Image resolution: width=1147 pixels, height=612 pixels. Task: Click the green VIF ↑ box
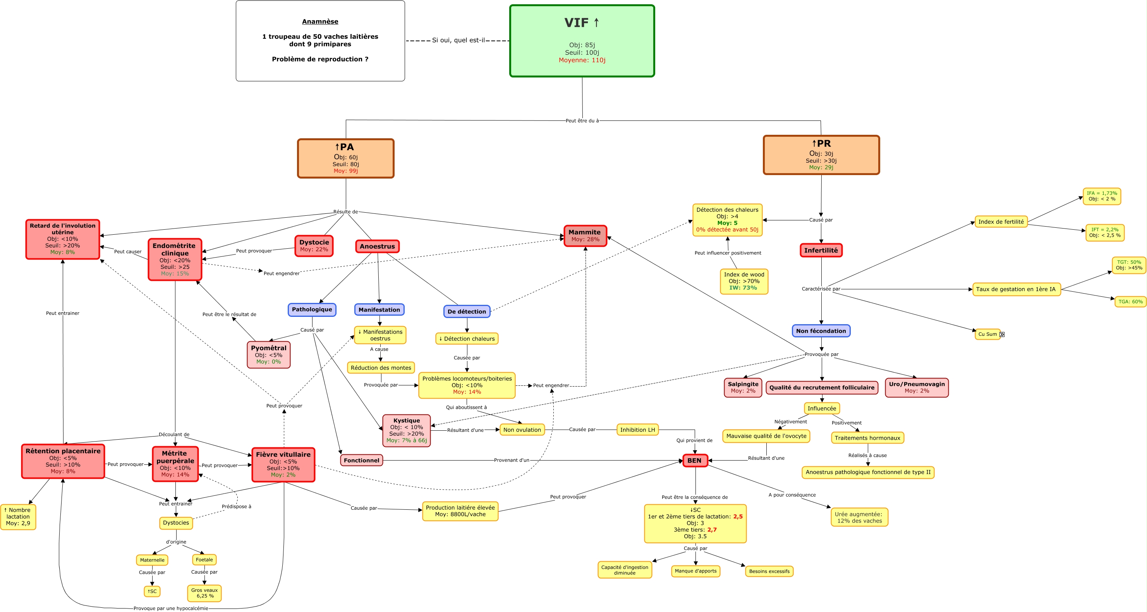[582, 41]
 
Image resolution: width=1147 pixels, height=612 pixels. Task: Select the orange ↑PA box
[345, 158]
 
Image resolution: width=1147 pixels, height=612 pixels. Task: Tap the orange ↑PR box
[821, 155]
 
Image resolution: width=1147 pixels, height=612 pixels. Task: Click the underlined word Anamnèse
[320, 21]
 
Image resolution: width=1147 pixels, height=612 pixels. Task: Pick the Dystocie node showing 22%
[314, 246]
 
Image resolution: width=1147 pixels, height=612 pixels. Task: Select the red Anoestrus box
[377, 246]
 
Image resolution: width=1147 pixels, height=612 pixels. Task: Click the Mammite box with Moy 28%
[585, 236]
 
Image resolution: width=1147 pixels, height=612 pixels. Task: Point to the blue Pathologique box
[312, 309]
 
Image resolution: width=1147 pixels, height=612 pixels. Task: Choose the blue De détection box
[467, 311]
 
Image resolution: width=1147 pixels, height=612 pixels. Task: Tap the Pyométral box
[268, 354]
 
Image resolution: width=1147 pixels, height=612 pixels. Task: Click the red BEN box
[695, 461]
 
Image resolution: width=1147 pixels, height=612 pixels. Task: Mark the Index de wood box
[743, 281]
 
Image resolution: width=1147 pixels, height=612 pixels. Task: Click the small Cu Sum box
[987, 334]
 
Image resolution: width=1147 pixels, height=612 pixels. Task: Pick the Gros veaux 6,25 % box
[204, 593]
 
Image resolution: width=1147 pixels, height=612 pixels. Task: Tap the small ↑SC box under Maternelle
[152, 591]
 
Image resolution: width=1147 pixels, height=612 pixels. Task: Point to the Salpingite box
[743, 387]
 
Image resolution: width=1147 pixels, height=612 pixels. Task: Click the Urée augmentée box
[859, 517]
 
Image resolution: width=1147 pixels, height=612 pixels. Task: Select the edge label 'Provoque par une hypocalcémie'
[170, 609]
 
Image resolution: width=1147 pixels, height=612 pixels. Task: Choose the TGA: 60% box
[1130, 302]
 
